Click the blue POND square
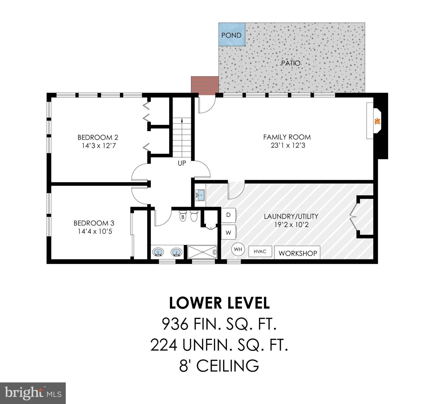232,35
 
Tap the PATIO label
291,63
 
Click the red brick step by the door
205,84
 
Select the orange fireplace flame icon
377,122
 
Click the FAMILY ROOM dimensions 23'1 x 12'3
288,145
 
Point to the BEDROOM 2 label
98,137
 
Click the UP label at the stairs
182,163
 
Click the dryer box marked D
228,215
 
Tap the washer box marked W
228,233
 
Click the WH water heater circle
238,249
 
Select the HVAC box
260,251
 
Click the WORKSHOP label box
297,253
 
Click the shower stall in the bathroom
202,252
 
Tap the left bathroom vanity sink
158,252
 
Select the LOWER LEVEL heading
219,303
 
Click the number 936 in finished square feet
175,324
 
